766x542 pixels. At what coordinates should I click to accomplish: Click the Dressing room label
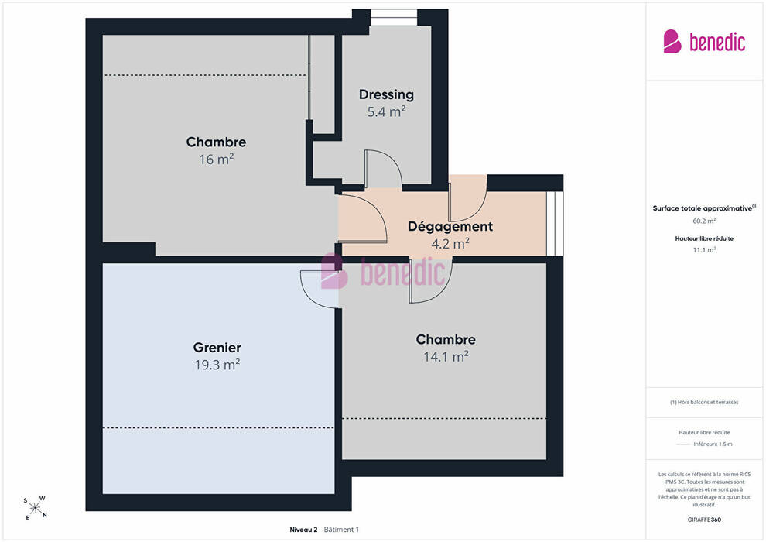(386, 94)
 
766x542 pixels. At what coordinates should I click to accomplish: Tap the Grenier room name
(217, 348)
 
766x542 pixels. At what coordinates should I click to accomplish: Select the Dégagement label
(450, 227)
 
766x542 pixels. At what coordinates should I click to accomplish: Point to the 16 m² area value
(216, 160)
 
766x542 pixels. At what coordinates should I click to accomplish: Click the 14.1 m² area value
(446, 357)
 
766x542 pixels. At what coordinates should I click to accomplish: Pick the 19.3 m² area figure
(217, 365)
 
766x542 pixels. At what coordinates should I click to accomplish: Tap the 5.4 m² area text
(386, 112)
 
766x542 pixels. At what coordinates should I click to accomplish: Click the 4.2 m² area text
(450, 243)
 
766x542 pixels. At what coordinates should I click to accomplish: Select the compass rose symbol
(35, 508)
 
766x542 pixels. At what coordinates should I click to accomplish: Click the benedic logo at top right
(704, 42)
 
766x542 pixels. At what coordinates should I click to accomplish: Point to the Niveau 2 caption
(303, 530)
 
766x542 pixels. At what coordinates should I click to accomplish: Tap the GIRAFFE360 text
(704, 520)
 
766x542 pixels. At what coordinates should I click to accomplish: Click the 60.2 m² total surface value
(704, 221)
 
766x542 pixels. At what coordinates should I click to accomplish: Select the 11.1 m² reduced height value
(704, 250)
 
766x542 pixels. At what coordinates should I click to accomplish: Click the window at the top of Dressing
(394, 18)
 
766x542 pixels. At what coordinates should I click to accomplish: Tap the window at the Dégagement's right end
(555, 223)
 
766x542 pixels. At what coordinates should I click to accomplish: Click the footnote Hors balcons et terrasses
(704, 402)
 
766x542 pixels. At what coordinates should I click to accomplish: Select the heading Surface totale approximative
(704, 208)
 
